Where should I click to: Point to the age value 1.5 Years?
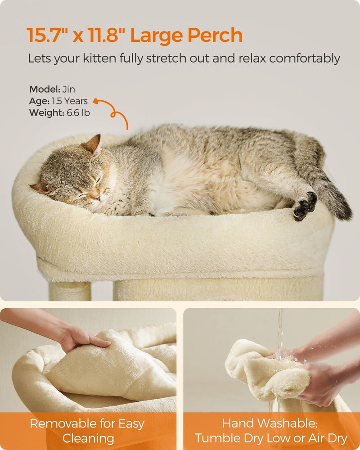[x=70, y=101]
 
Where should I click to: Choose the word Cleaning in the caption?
[x=88, y=438]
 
